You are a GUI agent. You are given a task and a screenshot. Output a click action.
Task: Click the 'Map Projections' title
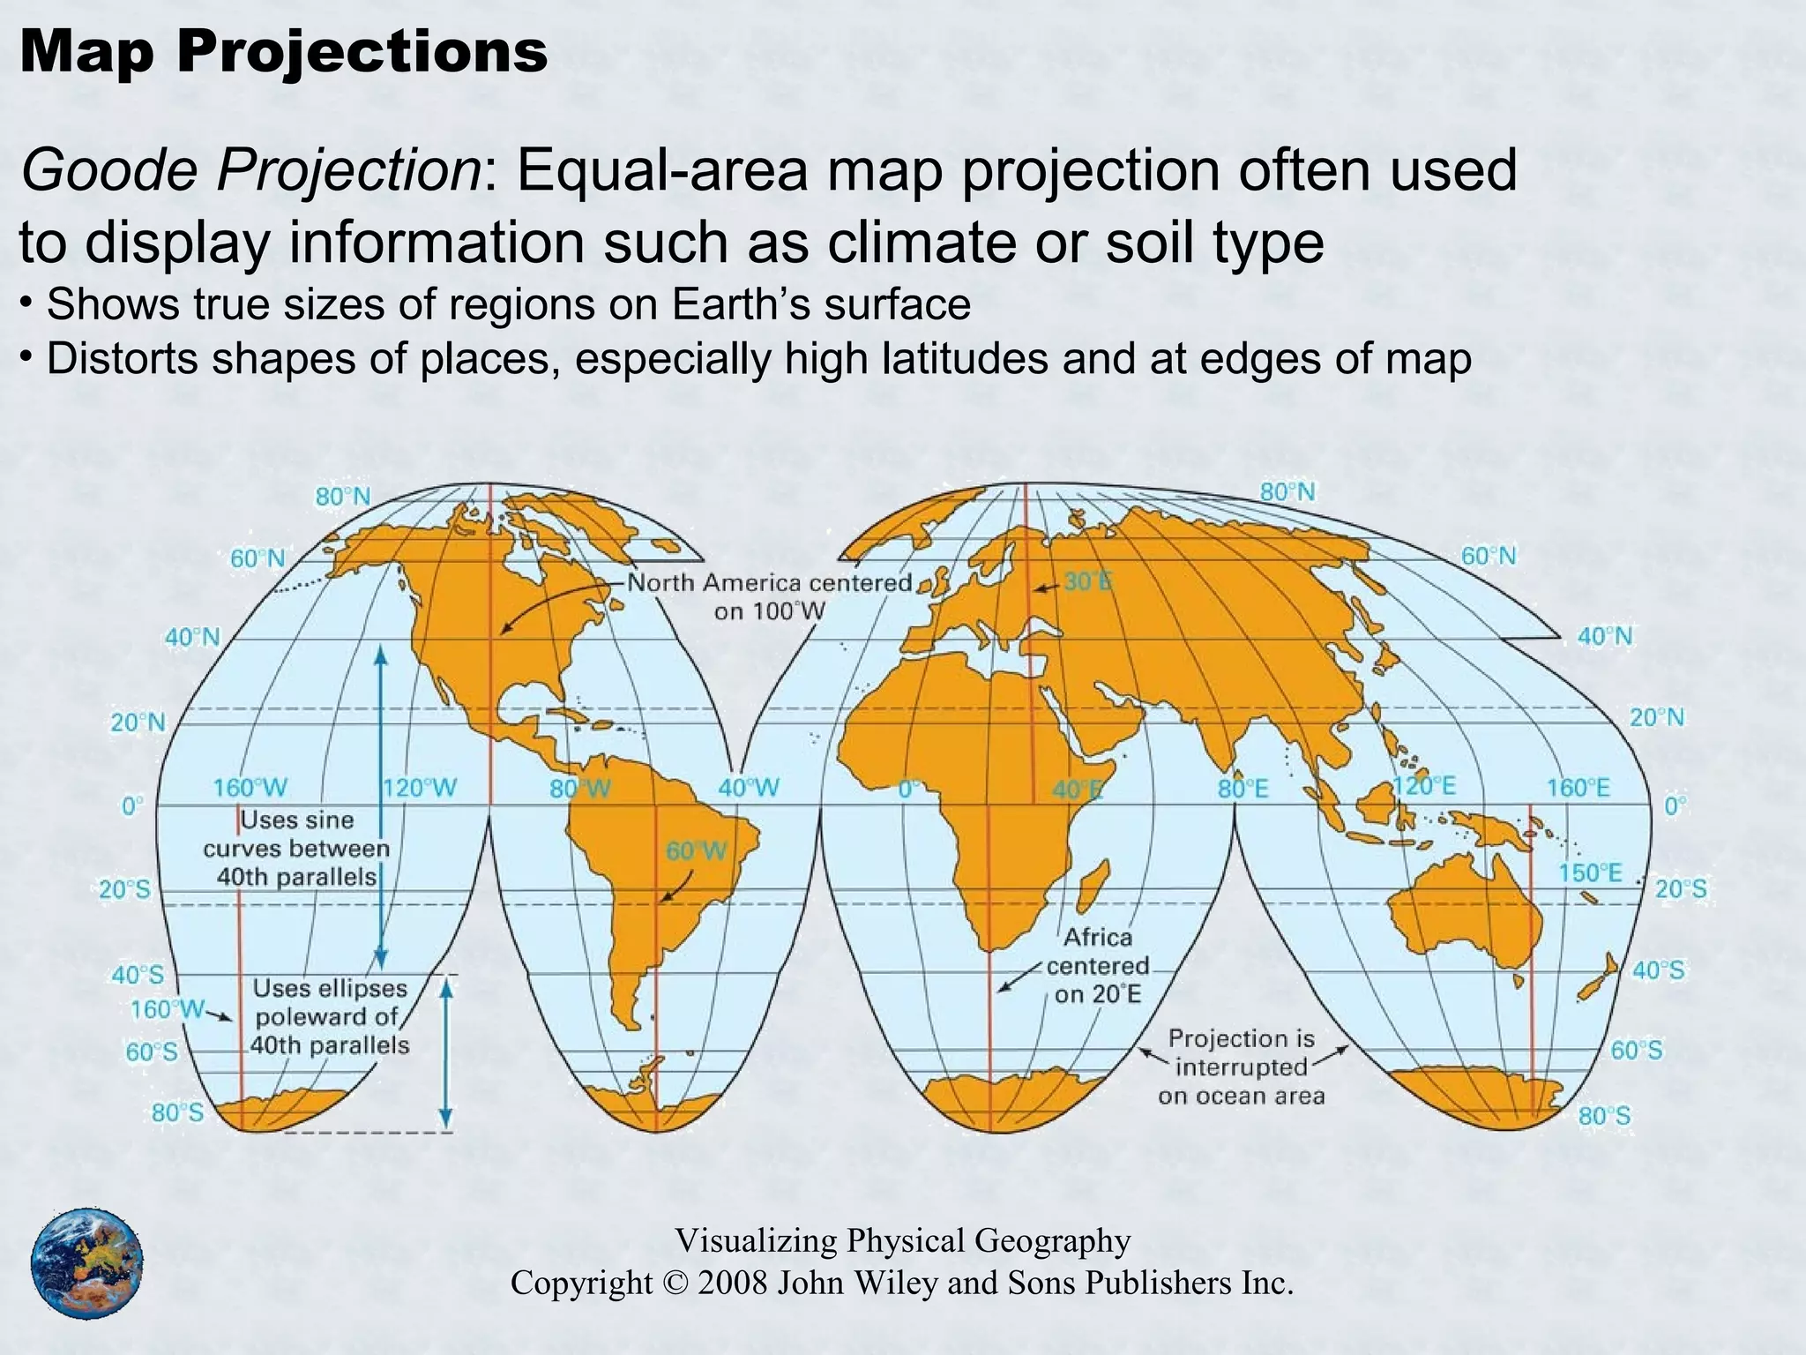283,51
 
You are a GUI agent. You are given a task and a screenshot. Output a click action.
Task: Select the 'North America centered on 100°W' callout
769,596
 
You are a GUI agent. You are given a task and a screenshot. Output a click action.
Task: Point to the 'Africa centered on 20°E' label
1098,965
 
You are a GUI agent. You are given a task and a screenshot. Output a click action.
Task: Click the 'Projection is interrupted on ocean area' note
1242,1067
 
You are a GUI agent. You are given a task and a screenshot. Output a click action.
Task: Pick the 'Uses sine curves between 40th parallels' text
296,849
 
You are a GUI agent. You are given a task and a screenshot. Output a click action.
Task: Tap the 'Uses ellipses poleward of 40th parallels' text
331,1017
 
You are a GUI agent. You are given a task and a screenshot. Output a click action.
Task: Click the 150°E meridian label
1590,873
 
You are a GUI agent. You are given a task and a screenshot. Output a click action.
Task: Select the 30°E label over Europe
1087,582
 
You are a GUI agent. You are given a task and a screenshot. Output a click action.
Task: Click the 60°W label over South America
697,851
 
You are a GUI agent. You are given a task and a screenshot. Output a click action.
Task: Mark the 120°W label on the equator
420,788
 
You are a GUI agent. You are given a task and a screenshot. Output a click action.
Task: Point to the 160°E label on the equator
1578,788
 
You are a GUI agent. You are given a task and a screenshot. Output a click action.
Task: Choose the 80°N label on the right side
1287,492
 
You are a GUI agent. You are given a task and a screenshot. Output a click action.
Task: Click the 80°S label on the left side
177,1113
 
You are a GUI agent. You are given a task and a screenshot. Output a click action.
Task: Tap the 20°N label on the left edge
138,723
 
